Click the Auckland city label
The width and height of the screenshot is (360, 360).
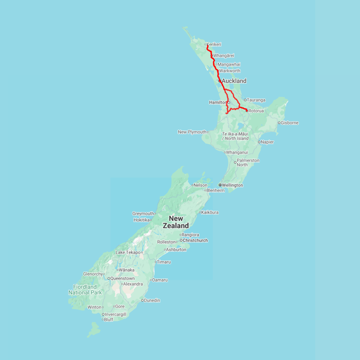(x=234, y=81)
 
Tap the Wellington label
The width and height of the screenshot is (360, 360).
(x=232, y=185)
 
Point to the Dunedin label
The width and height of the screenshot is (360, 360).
(x=152, y=300)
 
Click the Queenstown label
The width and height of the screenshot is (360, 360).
(x=122, y=278)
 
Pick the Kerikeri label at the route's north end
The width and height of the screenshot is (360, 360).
(x=214, y=44)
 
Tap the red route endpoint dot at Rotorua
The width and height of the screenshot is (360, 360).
(x=247, y=110)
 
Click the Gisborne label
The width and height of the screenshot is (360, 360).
(x=290, y=123)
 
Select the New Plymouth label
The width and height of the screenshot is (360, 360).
(x=192, y=132)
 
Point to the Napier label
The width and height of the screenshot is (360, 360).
(x=268, y=142)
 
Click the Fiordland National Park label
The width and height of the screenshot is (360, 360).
(x=85, y=290)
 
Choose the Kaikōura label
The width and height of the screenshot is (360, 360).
(x=210, y=212)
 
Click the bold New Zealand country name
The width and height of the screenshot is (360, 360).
(x=176, y=222)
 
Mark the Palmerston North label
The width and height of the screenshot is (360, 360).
(x=248, y=162)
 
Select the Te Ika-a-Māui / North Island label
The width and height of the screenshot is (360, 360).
(x=235, y=136)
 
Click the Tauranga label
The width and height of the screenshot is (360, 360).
(x=256, y=100)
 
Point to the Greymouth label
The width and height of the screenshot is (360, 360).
(x=143, y=214)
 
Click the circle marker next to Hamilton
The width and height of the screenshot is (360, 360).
(x=229, y=102)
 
